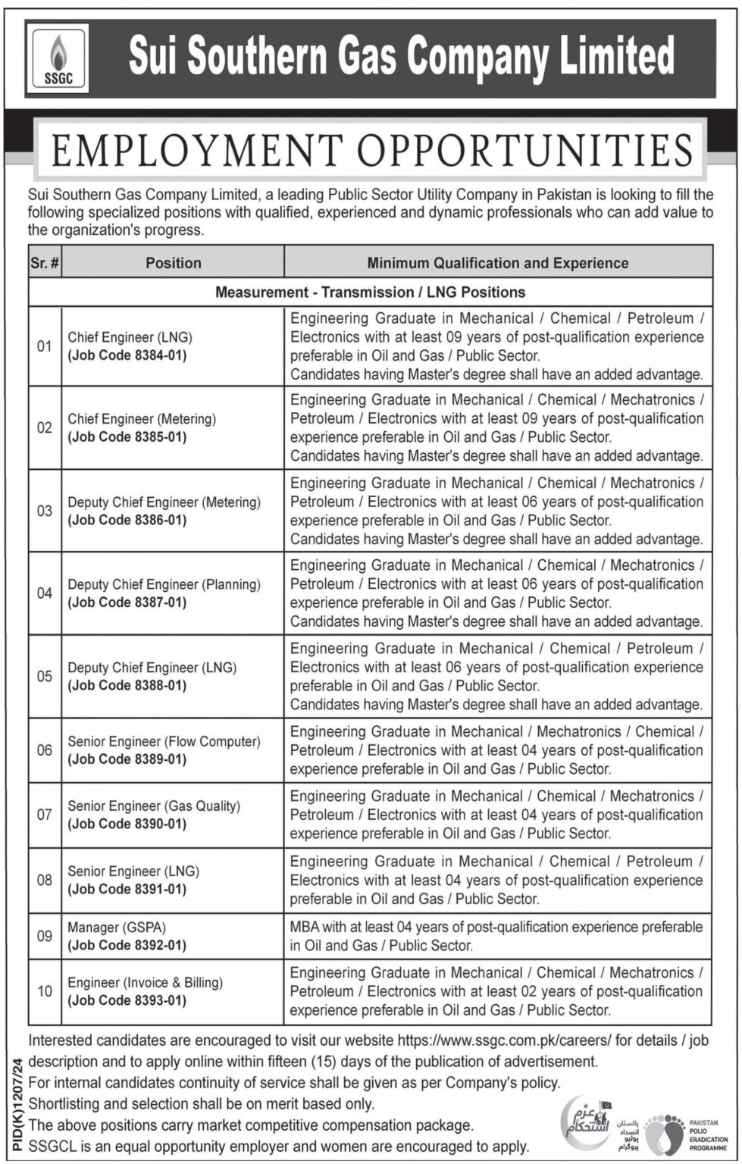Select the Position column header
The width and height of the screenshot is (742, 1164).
point(174,263)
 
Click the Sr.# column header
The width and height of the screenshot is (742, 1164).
point(45,263)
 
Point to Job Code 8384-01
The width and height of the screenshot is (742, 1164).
point(127,355)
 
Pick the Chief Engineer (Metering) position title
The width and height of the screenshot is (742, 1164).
point(142,418)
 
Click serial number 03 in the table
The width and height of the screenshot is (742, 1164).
point(45,511)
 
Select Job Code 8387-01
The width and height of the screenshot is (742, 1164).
point(127,603)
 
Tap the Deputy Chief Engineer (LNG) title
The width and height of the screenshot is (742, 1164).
point(152,668)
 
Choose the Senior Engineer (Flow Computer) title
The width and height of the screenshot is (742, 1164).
point(164,741)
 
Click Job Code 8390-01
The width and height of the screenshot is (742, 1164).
point(127,824)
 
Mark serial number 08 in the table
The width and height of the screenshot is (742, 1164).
point(45,881)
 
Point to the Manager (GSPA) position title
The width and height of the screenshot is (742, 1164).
point(117,927)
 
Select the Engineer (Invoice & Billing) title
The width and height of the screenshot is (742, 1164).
point(146,982)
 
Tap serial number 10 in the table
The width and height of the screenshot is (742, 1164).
point(45,991)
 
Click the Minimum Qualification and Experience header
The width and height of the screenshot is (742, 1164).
point(498,263)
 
